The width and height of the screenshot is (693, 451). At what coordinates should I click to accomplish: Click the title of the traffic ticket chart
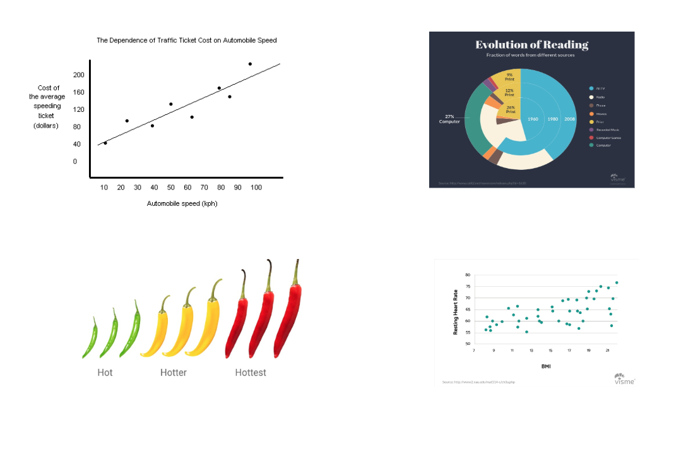(x=186, y=40)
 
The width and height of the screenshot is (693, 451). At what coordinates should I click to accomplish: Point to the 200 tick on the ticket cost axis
(x=79, y=75)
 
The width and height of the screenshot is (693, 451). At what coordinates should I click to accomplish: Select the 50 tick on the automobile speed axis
(x=171, y=188)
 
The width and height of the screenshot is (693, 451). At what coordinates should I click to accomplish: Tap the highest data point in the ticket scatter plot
(x=250, y=64)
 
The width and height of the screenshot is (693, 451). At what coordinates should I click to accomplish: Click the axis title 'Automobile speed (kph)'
(x=182, y=203)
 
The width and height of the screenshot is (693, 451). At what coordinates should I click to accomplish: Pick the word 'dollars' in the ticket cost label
(x=45, y=126)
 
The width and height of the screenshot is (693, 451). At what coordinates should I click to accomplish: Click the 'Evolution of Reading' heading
(x=531, y=45)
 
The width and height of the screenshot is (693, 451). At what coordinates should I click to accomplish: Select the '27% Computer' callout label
(x=449, y=119)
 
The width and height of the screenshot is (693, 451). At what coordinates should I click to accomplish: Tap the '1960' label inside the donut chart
(x=533, y=119)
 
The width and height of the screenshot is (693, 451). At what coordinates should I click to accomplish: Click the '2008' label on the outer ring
(x=570, y=119)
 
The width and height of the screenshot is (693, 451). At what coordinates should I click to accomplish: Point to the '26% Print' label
(x=506, y=109)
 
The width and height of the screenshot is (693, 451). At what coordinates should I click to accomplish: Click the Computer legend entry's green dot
(x=591, y=145)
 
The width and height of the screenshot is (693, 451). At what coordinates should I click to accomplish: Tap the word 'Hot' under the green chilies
(x=105, y=373)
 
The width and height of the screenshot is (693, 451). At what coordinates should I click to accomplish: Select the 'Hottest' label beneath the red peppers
(x=251, y=373)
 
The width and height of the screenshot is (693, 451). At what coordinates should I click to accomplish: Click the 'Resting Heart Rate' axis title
(x=455, y=311)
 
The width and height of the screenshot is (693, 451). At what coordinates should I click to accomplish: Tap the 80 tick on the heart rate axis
(x=468, y=275)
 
